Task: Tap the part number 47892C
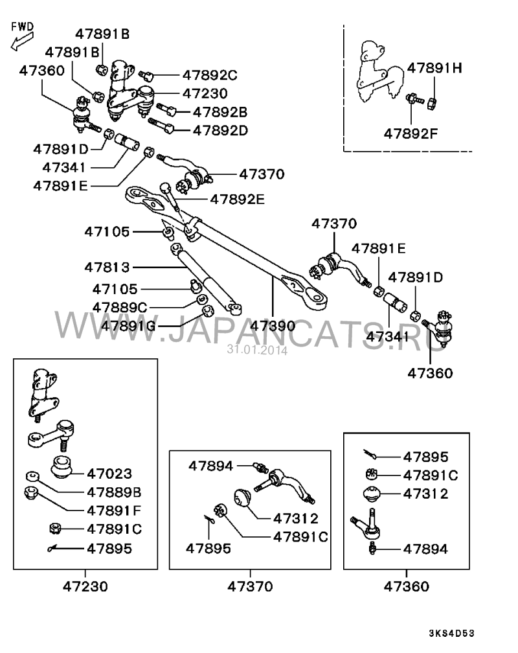[x=210, y=75]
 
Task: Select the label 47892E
[x=238, y=199]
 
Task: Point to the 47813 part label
[x=107, y=267]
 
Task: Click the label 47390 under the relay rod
[x=273, y=326]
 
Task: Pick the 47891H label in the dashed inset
[x=434, y=68]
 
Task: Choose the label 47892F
[x=411, y=133]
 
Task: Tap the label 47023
[x=109, y=474]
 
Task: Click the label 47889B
[x=114, y=492]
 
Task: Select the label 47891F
[x=114, y=510]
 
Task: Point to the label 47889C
[x=120, y=307]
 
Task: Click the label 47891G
[x=128, y=325]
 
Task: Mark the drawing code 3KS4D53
[x=452, y=634]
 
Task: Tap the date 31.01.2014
[x=257, y=350]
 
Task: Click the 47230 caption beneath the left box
[x=85, y=586]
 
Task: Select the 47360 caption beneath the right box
[x=407, y=586]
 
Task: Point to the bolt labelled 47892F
[x=415, y=99]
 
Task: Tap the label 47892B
[x=220, y=112]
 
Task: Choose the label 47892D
[x=220, y=130]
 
